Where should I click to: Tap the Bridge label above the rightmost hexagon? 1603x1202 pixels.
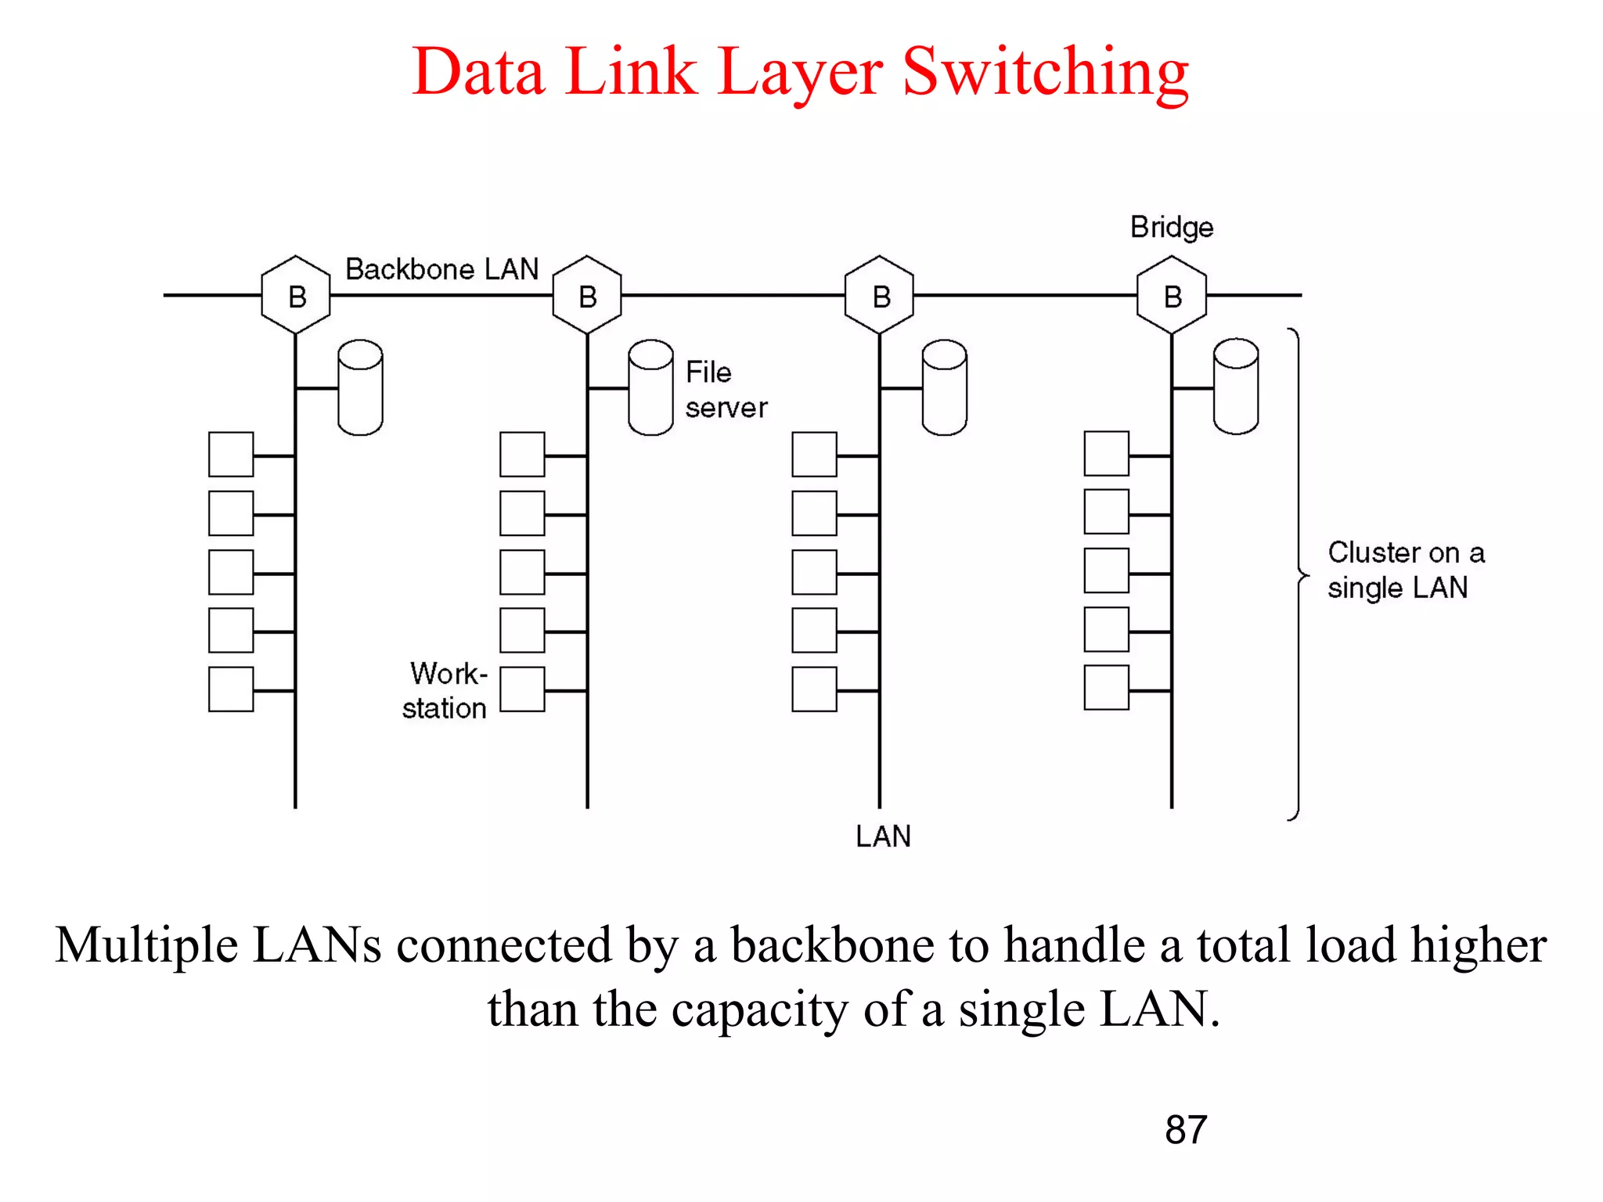1171,228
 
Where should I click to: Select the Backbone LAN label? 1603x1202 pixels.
441,269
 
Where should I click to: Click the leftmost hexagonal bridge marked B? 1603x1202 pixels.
296,296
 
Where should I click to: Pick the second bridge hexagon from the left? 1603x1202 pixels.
587,296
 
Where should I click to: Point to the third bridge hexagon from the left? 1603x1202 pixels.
880,296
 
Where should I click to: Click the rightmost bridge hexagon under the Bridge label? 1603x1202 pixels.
1172,296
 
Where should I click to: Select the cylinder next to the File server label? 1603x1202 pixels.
650,387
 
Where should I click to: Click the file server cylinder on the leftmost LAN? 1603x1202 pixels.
360,387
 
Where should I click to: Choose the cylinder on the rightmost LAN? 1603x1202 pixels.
1236,387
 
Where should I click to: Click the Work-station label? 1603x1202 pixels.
445,690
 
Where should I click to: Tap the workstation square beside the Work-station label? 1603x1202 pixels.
522,689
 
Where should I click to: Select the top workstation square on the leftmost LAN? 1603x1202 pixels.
231,454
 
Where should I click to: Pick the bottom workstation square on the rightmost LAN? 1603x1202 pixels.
1106,688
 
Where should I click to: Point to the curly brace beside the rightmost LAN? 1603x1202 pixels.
1298,575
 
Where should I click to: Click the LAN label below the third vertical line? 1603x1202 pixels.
883,837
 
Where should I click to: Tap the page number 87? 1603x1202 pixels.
1185,1130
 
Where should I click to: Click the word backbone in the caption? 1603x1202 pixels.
832,945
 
